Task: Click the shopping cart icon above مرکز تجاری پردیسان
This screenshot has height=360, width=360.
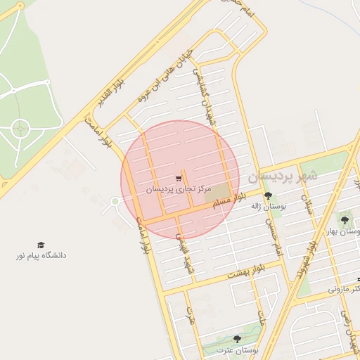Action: coord(178,179)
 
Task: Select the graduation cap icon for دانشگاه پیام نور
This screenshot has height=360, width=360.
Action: coord(40,244)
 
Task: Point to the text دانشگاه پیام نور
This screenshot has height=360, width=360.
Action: coord(41,255)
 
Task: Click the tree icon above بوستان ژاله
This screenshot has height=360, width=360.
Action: coord(267,195)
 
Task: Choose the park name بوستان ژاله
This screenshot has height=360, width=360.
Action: coord(267,207)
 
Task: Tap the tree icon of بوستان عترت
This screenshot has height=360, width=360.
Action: coord(236,339)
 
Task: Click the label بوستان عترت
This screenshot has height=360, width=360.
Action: coord(236,349)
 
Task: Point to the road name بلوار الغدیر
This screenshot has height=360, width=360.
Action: coord(110,96)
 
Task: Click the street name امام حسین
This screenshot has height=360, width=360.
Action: coord(274,236)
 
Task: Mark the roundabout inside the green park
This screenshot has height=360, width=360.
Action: coord(21,129)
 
